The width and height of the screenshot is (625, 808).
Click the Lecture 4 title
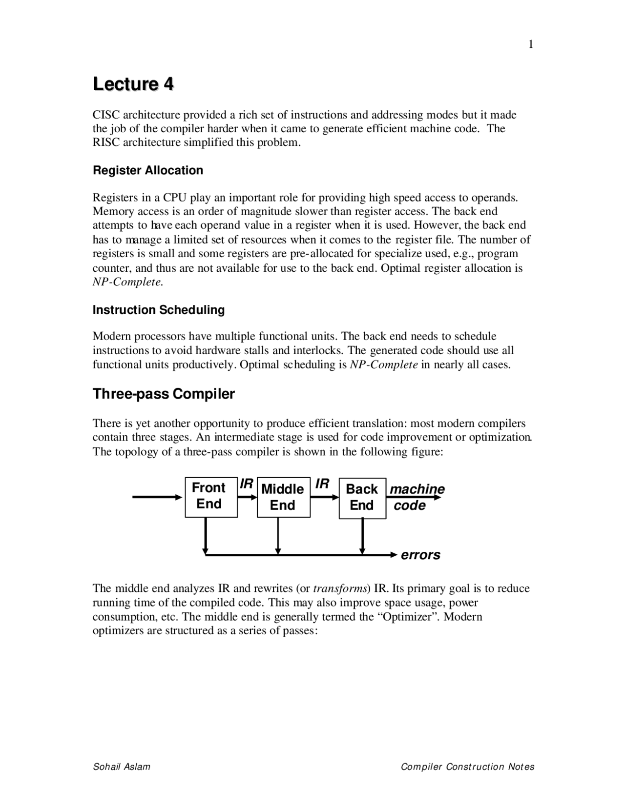[x=133, y=84]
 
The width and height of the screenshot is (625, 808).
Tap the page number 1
[x=531, y=45]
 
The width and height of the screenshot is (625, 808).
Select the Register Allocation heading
[x=148, y=170]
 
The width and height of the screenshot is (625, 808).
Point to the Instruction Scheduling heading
[x=159, y=310]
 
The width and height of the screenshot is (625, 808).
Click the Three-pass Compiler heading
[x=164, y=394]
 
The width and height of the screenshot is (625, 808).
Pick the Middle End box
[x=283, y=497]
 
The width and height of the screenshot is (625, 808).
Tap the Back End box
[x=362, y=498]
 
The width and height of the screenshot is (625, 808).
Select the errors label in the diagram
[x=420, y=555]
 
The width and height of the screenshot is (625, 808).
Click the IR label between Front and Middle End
[x=247, y=484]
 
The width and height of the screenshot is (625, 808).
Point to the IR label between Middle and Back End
[x=322, y=484]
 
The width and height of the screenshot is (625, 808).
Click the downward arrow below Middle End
[x=278, y=536]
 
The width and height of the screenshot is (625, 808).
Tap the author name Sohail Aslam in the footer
[x=122, y=767]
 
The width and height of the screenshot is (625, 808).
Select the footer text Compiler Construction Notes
[x=467, y=767]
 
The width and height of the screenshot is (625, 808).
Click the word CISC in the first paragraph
[x=106, y=115]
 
